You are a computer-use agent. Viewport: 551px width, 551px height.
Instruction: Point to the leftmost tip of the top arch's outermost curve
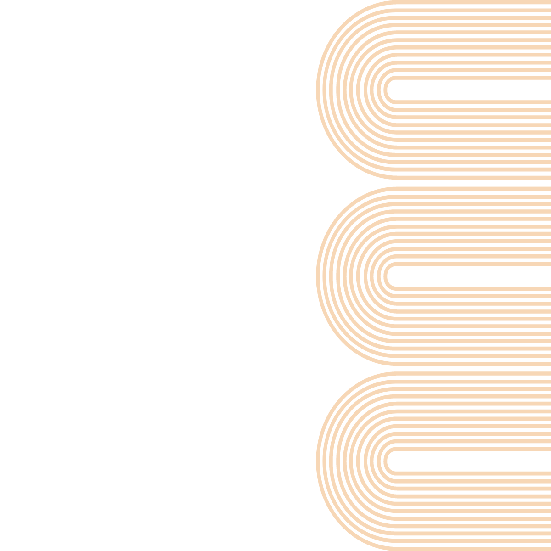317,90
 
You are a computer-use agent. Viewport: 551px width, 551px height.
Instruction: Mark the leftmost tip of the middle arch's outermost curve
317,275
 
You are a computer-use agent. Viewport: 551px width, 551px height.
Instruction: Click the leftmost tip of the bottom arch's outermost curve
317,461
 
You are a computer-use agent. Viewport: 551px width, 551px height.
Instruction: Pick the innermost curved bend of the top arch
388,90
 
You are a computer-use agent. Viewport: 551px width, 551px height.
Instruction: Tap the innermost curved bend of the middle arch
388,275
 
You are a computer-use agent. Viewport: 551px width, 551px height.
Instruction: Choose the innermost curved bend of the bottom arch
388,461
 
